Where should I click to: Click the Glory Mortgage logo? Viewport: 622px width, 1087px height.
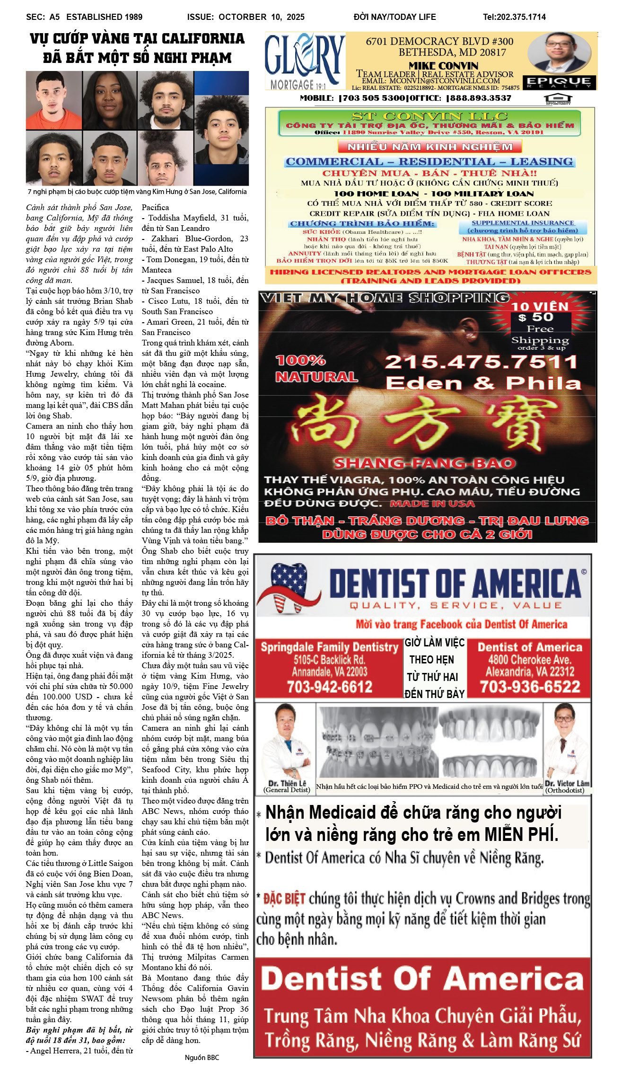[305, 61]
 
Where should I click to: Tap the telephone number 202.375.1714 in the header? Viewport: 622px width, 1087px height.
[514, 17]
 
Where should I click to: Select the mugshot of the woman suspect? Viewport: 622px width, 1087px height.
[110, 100]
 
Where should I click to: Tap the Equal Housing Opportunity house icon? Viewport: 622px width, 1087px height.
[558, 99]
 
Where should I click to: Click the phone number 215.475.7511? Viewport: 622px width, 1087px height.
[481, 362]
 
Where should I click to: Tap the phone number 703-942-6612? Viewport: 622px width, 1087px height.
[330, 687]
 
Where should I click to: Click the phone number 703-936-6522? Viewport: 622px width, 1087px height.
[529, 687]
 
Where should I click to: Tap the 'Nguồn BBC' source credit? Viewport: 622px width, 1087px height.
[201, 1058]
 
